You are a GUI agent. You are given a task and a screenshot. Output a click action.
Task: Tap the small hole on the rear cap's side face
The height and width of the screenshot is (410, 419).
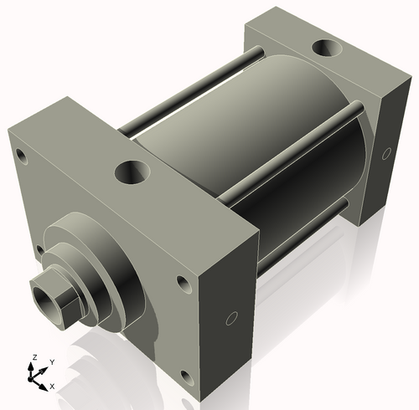386,153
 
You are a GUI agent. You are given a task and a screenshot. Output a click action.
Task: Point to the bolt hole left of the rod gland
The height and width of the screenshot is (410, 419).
38,249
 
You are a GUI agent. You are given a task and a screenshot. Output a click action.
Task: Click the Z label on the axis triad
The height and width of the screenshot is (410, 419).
34,357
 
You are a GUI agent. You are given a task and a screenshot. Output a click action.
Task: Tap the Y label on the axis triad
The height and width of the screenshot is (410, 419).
52,361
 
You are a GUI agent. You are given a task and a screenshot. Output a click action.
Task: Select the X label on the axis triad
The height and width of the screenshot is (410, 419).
53,386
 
